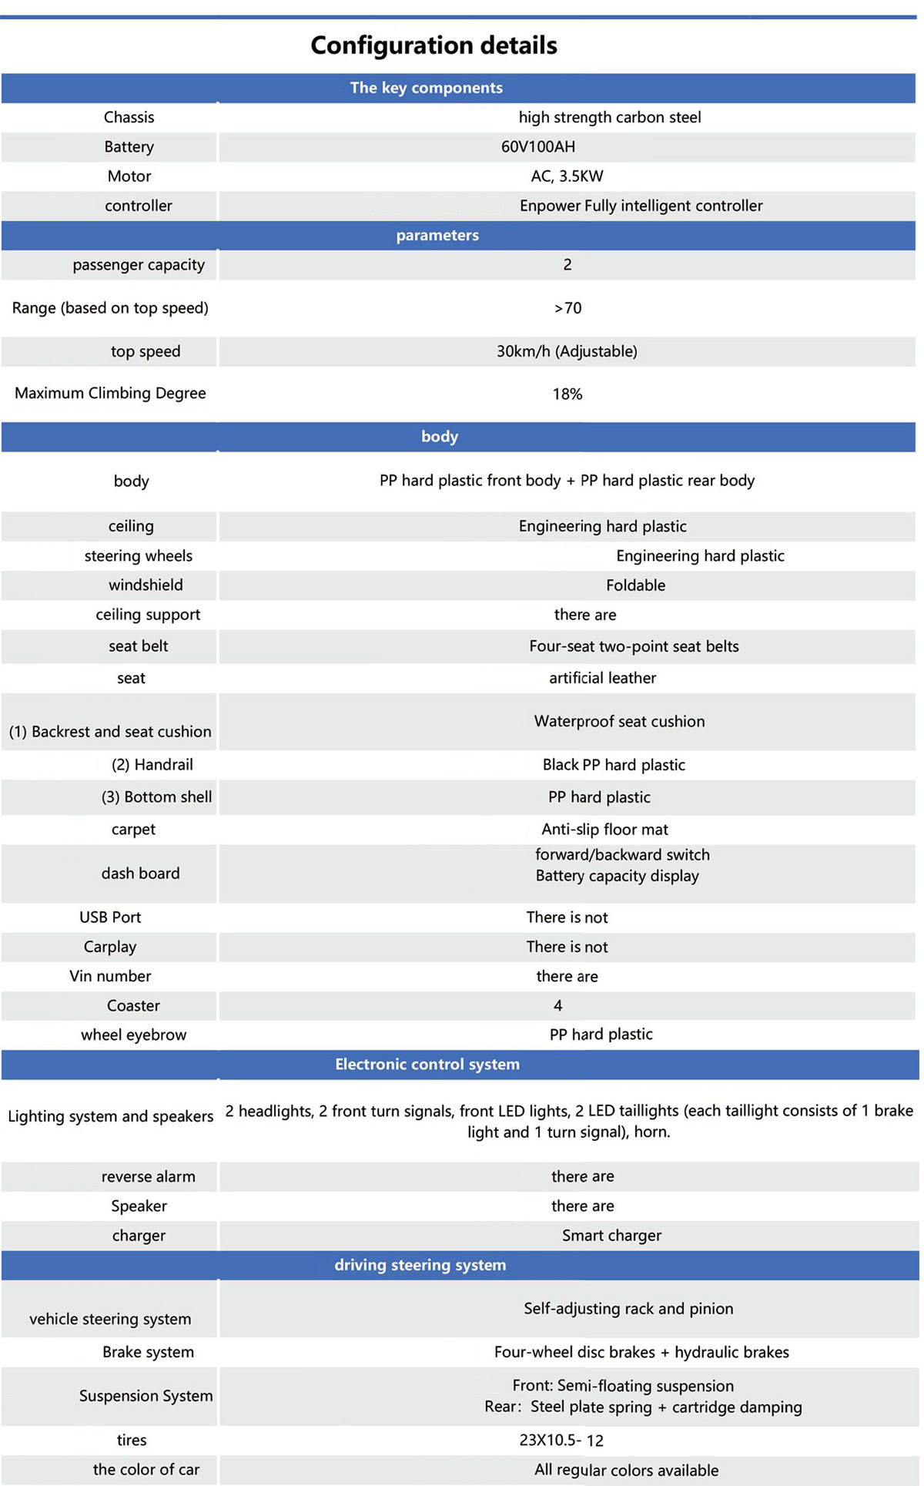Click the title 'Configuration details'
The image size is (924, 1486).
click(x=434, y=45)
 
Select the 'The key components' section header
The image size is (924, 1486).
click(x=426, y=88)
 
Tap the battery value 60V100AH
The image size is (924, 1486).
click(x=538, y=146)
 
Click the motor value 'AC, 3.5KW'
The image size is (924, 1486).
click(x=567, y=176)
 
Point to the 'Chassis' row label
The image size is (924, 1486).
click(x=129, y=117)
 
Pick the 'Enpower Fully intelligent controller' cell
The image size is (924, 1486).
click(x=641, y=206)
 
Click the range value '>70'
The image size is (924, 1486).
click(x=567, y=308)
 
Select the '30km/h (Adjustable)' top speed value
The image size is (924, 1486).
click(x=567, y=351)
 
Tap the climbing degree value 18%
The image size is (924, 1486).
click(x=567, y=394)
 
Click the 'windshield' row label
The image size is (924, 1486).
click(x=146, y=585)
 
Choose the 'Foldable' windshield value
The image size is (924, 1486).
click(x=635, y=585)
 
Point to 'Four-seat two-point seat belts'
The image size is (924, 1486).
click(x=634, y=646)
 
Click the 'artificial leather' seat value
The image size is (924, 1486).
click(x=602, y=678)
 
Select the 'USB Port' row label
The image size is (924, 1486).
click(x=110, y=917)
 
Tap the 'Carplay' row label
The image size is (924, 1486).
click(x=110, y=947)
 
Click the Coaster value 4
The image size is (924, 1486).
click(x=557, y=1005)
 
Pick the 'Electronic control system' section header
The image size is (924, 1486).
click(x=427, y=1064)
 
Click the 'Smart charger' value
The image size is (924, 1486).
click(x=611, y=1236)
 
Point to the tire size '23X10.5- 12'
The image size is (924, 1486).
click(x=561, y=1440)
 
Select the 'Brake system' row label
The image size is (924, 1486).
click(x=148, y=1352)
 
